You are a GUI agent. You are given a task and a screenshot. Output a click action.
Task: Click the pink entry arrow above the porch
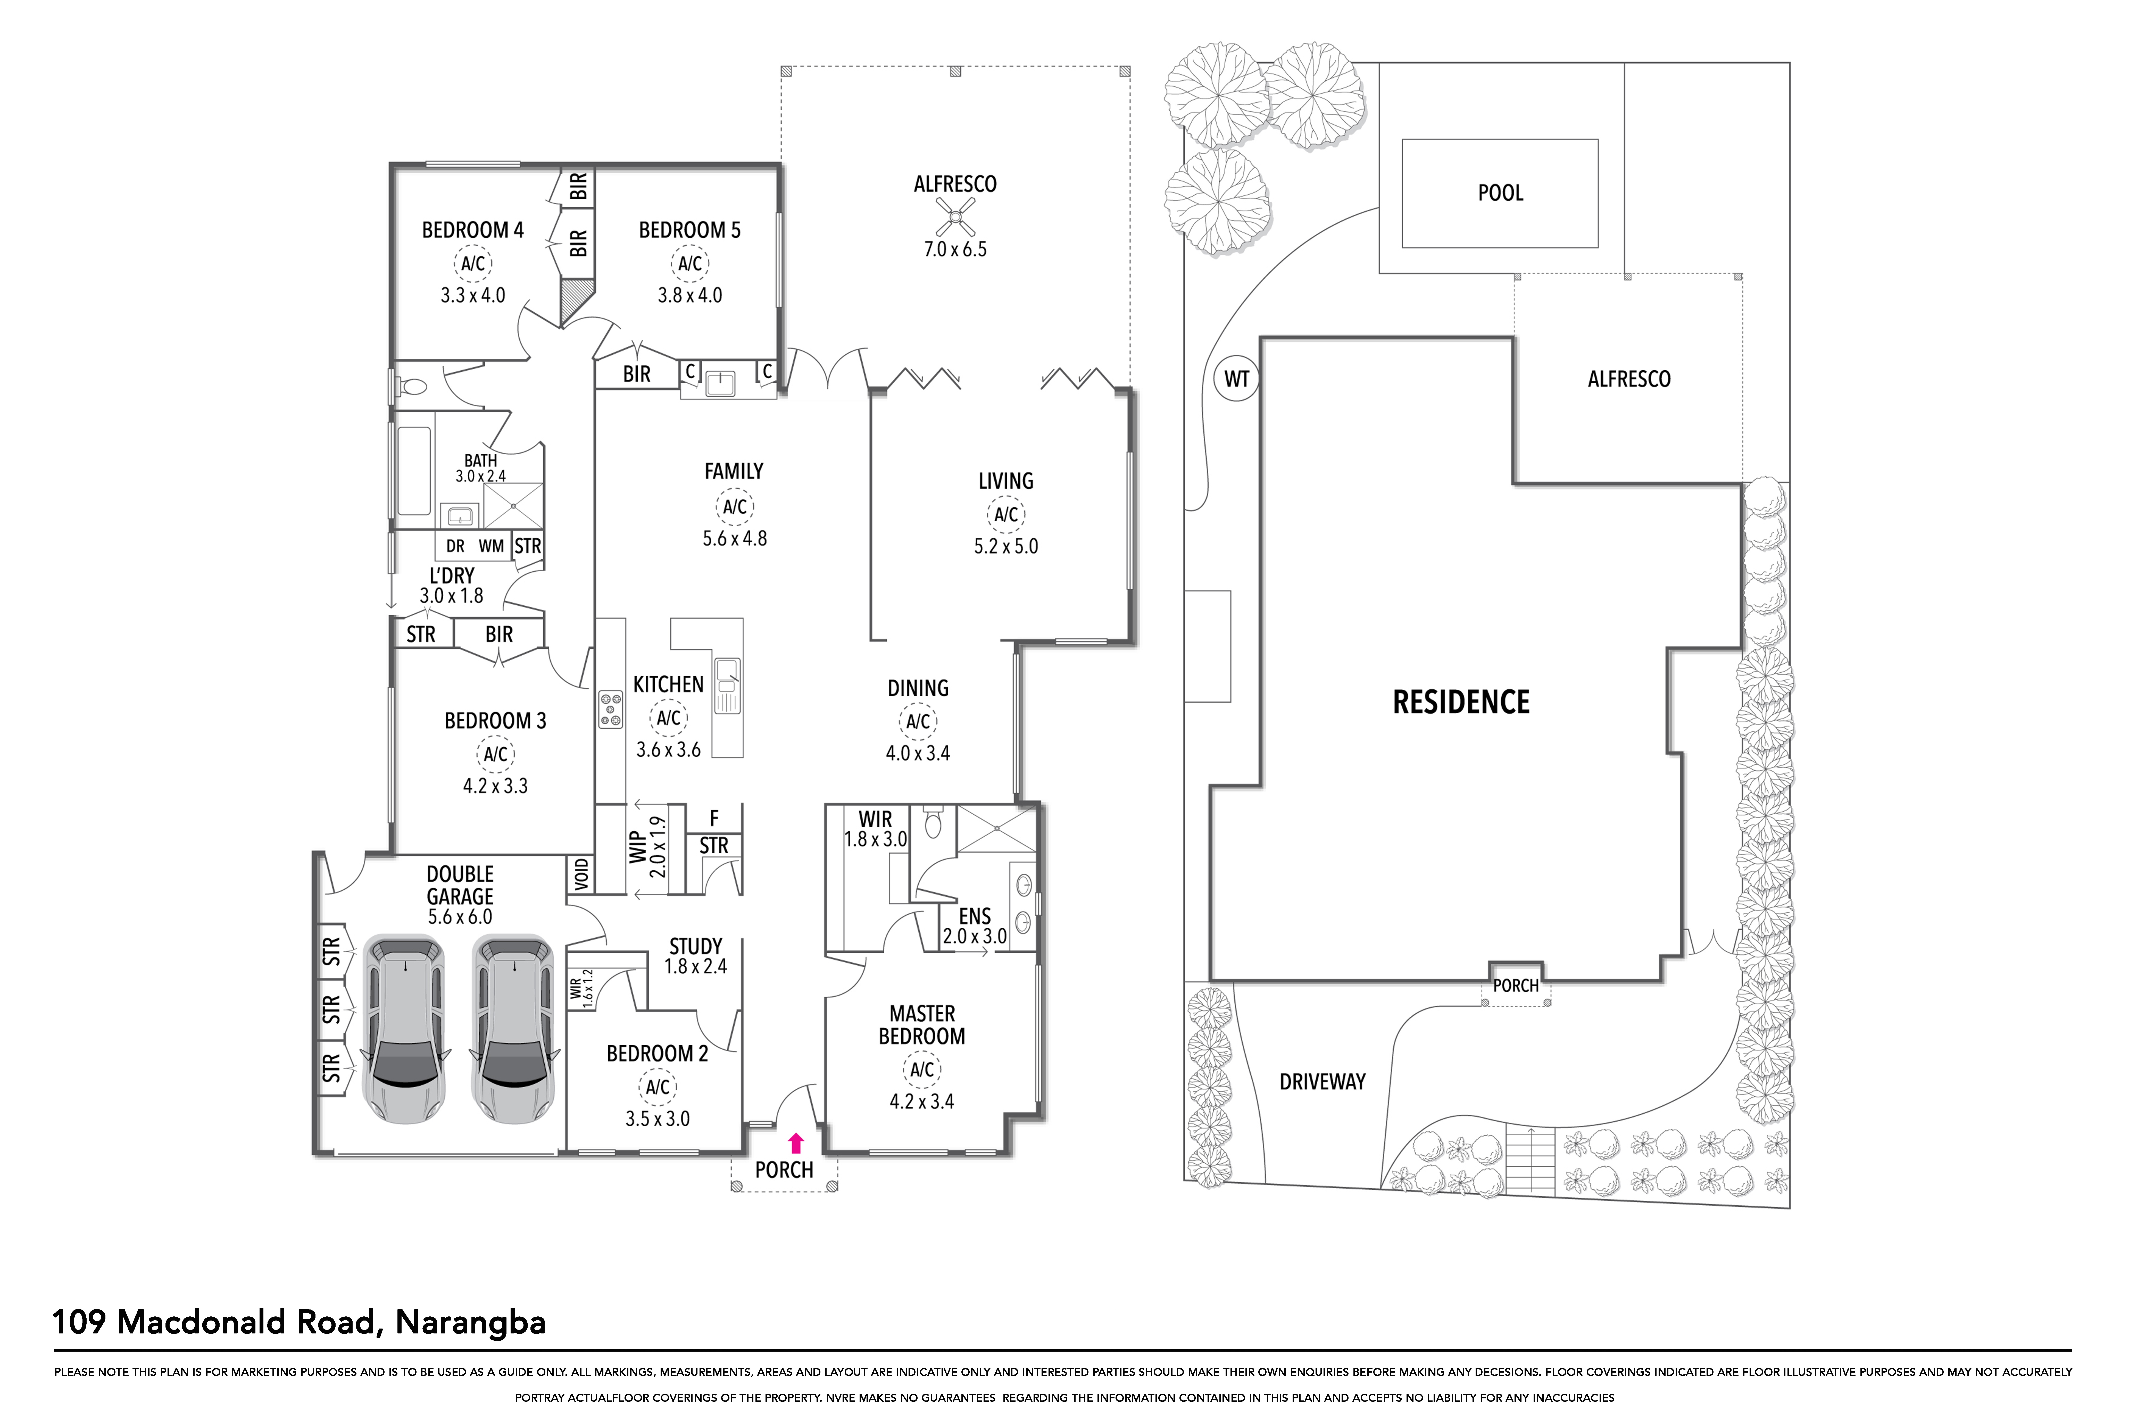pos(796,1143)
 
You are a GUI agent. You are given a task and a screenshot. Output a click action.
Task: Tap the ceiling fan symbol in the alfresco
pos(954,217)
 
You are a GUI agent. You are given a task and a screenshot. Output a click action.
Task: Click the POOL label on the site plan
pos(1500,193)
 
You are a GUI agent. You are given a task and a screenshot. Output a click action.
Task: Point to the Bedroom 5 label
pos(689,231)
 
